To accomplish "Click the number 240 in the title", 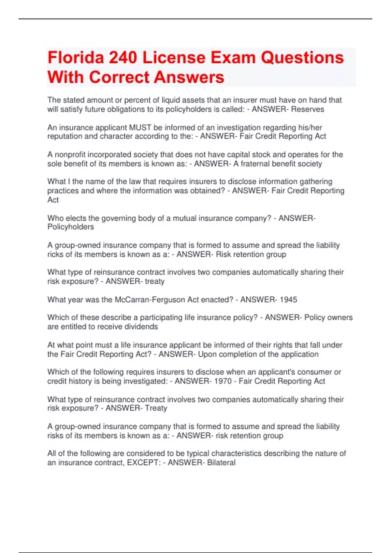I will tap(123, 58).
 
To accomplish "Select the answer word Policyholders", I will tap(71, 227).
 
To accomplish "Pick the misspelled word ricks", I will tap(55, 254).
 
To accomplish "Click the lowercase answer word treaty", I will tap(154, 281).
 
